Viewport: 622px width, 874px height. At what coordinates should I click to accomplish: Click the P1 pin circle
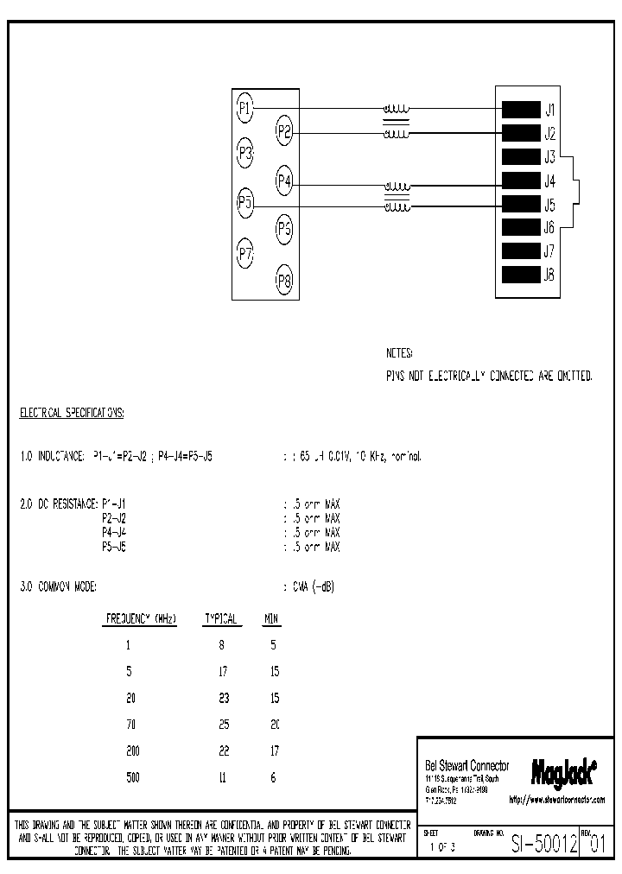coord(245,108)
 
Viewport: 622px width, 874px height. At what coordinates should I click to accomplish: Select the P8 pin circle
coord(285,280)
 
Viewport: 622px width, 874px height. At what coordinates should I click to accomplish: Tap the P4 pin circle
coord(285,181)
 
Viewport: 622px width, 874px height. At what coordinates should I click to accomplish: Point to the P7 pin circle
coord(245,254)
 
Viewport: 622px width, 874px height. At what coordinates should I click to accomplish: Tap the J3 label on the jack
coord(549,157)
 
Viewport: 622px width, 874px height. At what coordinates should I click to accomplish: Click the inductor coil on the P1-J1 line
coord(397,110)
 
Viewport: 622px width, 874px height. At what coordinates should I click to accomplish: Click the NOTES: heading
coord(399,354)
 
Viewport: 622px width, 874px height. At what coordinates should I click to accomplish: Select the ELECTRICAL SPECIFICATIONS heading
coord(72,414)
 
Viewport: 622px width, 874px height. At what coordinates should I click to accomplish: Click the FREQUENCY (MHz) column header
coord(141,619)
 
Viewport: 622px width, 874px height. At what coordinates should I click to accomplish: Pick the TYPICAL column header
coord(220,619)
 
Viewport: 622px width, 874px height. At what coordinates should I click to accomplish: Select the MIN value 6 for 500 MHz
coord(273,777)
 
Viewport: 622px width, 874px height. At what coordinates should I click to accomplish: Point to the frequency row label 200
coord(132,750)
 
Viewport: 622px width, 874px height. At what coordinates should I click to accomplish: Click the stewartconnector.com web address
coord(557,800)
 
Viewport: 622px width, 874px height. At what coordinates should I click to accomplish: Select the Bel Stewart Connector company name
coord(467,766)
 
